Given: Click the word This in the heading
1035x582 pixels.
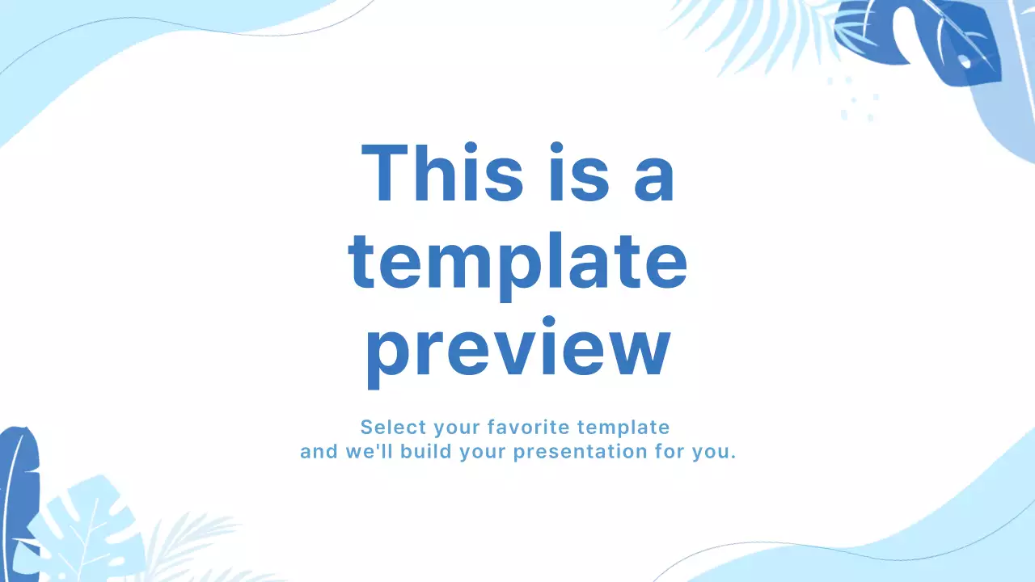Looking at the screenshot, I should coord(441,173).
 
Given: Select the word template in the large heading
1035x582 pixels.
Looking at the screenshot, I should coord(517,262).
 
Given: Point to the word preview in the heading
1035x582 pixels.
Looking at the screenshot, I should coord(517,351).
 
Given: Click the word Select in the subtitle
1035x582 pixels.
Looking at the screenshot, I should coord(393,427).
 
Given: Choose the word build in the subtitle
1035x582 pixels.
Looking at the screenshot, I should coord(429,451).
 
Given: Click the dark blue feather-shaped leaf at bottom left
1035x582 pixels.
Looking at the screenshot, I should coord(18,493).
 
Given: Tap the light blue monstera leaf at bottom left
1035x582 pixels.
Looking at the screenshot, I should coord(85,525).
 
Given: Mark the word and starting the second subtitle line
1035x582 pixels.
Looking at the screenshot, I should coord(319,451).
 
